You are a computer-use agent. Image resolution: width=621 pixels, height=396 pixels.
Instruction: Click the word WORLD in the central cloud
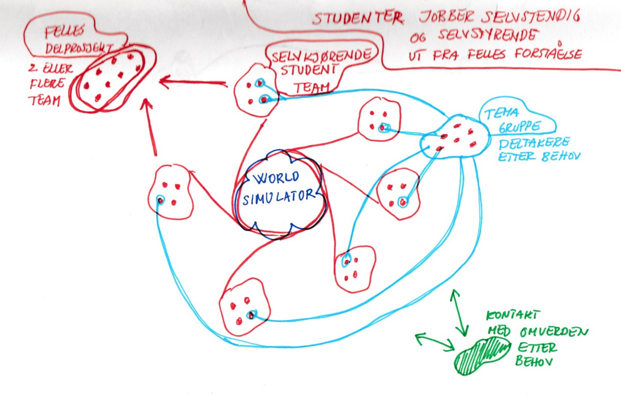pyautogui.click(x=277, y=177)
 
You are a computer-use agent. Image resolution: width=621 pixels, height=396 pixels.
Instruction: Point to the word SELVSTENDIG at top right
pyautogui.click(x=531, y=16)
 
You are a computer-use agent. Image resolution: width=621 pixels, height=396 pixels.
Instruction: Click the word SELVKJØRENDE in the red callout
pyautogui.click(x=321, y=56)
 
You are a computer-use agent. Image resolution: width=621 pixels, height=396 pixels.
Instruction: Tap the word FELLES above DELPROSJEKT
pyautogui.click(x=64, y=32)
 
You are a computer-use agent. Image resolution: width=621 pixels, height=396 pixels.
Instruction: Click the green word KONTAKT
pyautogui.click(x=513, y=315)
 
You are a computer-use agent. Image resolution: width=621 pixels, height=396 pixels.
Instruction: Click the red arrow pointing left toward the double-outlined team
pyautogui.click(x=192, y=82)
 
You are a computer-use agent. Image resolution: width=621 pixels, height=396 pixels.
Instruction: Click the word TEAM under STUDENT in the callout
pyautogui.click(x=311, y=87)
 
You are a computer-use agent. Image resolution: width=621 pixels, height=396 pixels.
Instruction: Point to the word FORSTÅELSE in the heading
pyautogui.click(x=548, y=54)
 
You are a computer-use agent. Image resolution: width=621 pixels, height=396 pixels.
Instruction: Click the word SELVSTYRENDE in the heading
pyautogui.click(x=487, y=35)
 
